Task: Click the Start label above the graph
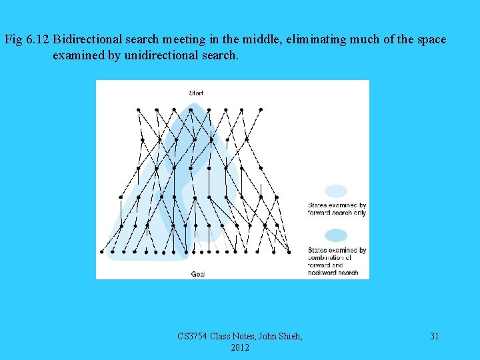[x=196, y=93]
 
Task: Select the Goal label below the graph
[x=198, y=273]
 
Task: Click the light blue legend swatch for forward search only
[x=336, y=191]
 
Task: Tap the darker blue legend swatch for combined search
[x=336, y=235]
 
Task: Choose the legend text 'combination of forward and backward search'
[x=337, y=261]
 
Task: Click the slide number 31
[x=434, y=337]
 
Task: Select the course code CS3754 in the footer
[x=193, y=337]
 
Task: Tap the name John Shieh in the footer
[x=275, y=337]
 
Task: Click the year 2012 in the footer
[x=240, y=348]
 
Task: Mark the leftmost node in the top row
[x=138, y=109]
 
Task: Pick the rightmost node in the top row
[x=261, y=109]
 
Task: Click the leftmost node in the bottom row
[x=102, y=252]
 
